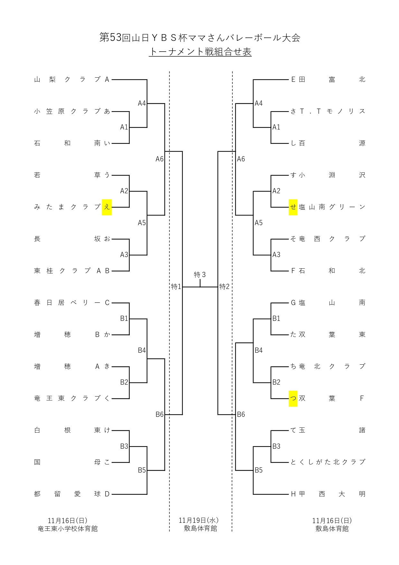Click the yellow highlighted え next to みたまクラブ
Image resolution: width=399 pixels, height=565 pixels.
point(107,207)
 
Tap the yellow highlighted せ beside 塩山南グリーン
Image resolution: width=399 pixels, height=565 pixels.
point(293,207)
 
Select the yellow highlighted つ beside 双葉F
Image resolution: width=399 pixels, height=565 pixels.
point(293,398)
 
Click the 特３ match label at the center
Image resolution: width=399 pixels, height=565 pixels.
point(200,275)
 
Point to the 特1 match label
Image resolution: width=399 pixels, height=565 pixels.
point(176,287)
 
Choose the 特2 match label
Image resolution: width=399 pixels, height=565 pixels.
point(224,287)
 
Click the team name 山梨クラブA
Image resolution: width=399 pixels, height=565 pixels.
point(72,80)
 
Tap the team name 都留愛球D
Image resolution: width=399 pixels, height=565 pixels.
point(72,494)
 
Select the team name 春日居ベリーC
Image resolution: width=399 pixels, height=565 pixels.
point(72,303)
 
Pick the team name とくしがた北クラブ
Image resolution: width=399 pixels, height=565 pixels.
point(328,462)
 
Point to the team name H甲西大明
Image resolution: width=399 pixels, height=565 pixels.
point(328,494)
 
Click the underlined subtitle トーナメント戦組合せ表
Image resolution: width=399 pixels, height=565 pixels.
point(200,52)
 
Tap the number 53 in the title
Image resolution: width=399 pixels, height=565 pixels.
point(116,38)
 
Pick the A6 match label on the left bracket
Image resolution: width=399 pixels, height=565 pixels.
point(160,159)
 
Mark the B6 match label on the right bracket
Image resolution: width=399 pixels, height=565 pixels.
point(241,415)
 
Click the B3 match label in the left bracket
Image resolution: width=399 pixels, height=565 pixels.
point(124,446)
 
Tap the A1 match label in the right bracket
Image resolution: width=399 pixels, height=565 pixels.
point(276,127)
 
